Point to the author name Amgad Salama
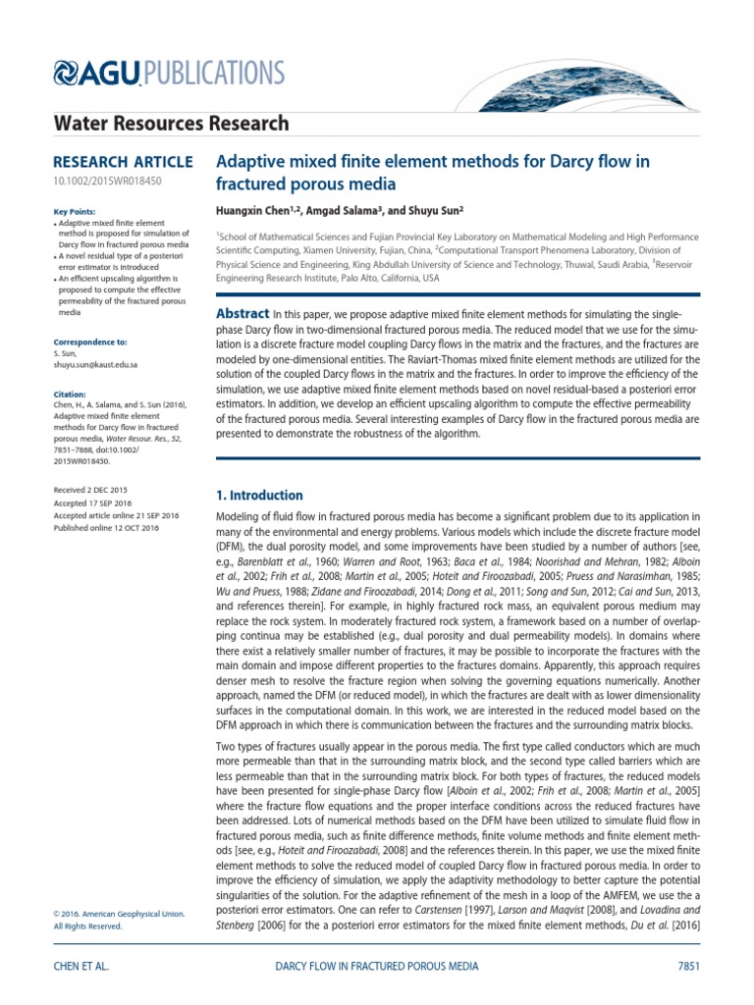(348, 210)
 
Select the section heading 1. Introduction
(259, 496)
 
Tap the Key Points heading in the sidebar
(72, 212)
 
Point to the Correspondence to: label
(89, 342)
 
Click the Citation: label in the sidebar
(68, 393)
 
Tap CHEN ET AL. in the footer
(81, 966)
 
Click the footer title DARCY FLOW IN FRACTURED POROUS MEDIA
(374, 966)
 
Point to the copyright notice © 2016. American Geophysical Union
(118, 914)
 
